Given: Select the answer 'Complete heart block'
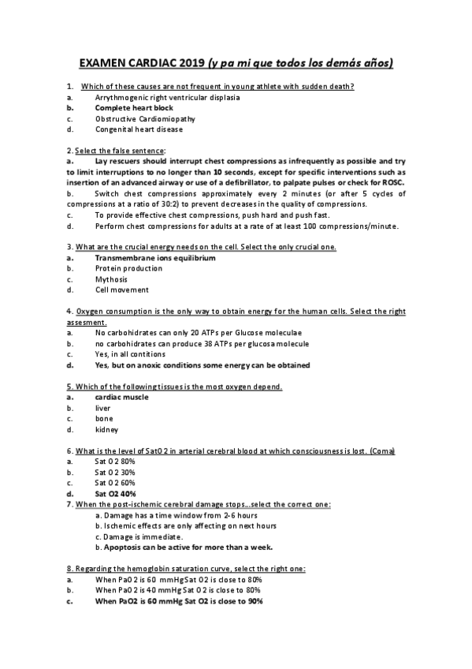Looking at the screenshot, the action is [134, 107].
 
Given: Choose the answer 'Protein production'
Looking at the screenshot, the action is [128, 268].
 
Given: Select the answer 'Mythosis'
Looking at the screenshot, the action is [111, 279].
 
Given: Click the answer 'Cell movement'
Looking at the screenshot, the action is [121, 290].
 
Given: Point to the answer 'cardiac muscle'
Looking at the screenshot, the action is [121, 398].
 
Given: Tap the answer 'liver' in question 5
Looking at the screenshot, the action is [102, 409].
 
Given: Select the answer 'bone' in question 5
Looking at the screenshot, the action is [102, 419].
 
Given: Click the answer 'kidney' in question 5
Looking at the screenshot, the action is [106, 430].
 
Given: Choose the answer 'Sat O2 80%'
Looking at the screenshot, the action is [115, 461].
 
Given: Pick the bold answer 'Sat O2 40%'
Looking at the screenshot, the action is [116, 493].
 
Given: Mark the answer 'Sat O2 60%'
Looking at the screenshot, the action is [115, 482].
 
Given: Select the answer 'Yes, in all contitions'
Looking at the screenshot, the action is [130, 354].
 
